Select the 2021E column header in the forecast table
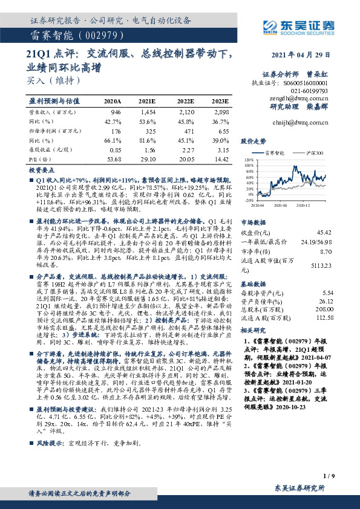pos(146,101)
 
